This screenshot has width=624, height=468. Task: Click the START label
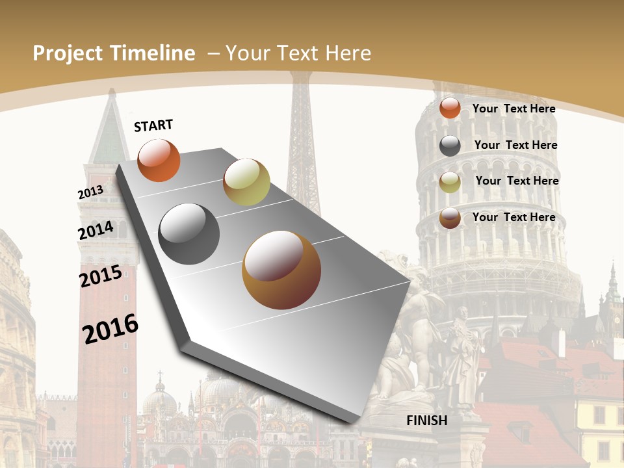(x=153, y=125)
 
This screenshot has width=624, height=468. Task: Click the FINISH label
(x=427, y=420)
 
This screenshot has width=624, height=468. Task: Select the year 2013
(x=90, y=192)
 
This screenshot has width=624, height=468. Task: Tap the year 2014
(x=96, y=231)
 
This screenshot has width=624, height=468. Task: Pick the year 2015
(x=101, y=276)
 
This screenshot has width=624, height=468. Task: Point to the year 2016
(x=110, y=329)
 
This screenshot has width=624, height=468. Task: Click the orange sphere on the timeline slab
(x=159, y=161)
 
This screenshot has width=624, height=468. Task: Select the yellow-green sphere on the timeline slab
(x=246, y=182)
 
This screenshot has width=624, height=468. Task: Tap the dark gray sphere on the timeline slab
(x=189, y=233)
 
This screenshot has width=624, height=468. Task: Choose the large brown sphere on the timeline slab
(x=281, y=270)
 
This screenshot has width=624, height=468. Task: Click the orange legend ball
(x=450, y=109)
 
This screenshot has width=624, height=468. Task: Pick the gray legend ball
(x=450, y=146)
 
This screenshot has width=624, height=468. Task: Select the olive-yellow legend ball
(x=450, y=182)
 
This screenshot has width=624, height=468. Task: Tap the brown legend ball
(x=450, y=218)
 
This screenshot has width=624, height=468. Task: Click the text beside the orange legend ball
(x=513, y=109)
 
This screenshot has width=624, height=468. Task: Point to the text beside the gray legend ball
(x=515, y=145)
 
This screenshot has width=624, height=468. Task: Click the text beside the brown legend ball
(x=513, y=216)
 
